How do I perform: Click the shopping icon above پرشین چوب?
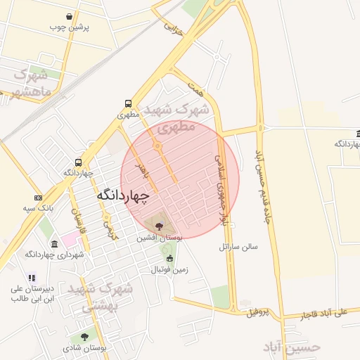pyautogui.click(x=68, y=16)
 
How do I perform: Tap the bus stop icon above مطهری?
pyautogui.click(x=127, y=103)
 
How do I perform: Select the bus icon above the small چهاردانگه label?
pyautogui.click(x=78, y=161)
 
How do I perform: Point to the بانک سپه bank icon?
pyautogui.click(x=38, y=198)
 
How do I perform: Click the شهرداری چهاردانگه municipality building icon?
pyautogui.click(x=54, y=244)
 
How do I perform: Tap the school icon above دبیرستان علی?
pyautogui.click(x=32, y=279)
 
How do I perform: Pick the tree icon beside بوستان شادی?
pyautogui.click(x=84, y=337)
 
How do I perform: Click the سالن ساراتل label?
pyautogui.click(x=238, y=247)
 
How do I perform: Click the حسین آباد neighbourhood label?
pyautogui.click(x=292, y=347)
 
